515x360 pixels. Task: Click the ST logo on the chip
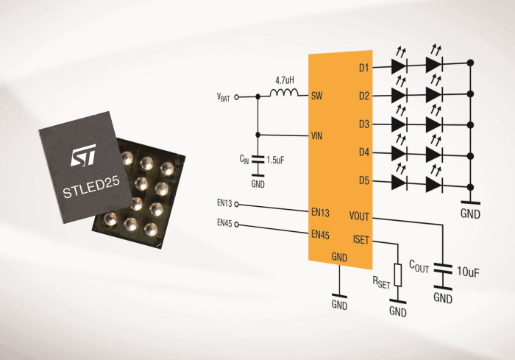pos(83,155)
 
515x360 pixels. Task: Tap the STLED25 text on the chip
pos(91,188)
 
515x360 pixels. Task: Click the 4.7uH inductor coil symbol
pos(285,93)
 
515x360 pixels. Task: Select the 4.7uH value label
pos(285,80)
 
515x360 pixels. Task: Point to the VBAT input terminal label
pos(224,97)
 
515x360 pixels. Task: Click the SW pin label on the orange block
pos(316,96)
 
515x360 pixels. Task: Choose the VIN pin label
pos(316,135)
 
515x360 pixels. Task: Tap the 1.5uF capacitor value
pos(275,160)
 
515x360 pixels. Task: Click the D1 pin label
pos(363,68)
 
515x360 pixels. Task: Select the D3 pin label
pos(364,124)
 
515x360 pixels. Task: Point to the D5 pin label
pos(364,181)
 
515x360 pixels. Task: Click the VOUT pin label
pos(359,216)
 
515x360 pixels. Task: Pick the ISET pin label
pos(361,240)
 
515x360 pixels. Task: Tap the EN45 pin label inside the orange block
pos(320,235)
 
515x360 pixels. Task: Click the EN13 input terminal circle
pos(236,205)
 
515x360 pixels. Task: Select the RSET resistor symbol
pos(398,275)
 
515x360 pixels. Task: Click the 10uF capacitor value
pos(468,272)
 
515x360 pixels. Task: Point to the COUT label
pos(419,267)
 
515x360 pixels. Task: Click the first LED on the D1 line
pos(399,66)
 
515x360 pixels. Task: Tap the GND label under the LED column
pos(470,214)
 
